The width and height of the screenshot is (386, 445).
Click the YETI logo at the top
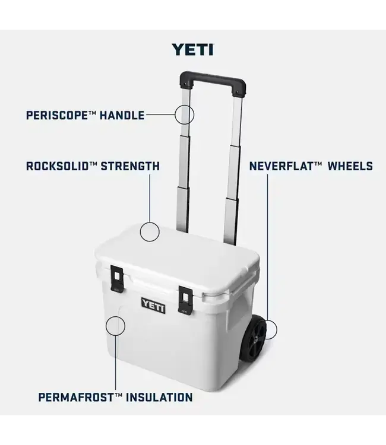click(x=192, y=49)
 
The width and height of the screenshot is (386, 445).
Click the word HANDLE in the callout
click(x=122, y=115)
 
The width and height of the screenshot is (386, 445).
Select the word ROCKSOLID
click(x=53, y=166)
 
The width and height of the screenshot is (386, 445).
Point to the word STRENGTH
click(x=129, y=166)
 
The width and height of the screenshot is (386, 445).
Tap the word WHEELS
click(x=349, y=166)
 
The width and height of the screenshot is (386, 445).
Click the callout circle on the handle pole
click(x=184, y=113)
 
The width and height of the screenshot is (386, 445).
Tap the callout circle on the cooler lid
click(x=150, y=231)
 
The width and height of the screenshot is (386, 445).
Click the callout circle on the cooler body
click(x=115, y=325)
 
